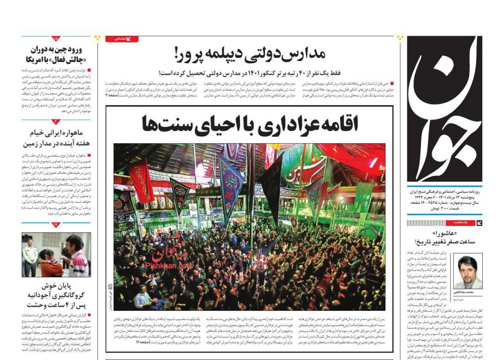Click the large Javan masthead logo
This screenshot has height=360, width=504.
tap(444, 109)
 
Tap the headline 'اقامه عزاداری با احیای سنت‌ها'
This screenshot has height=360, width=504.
tap(250, 123)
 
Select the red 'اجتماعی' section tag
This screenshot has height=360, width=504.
tap(122, 39)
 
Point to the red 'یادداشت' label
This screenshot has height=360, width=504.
tap(459, 223)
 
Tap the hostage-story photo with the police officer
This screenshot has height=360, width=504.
tap(56, 254)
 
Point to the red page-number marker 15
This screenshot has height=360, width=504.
tap(56, 39)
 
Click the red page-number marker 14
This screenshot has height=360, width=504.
tap(56, 224)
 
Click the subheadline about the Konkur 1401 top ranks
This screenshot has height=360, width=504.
tap(250, 73)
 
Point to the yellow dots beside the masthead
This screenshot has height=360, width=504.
tap(400, 38)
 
